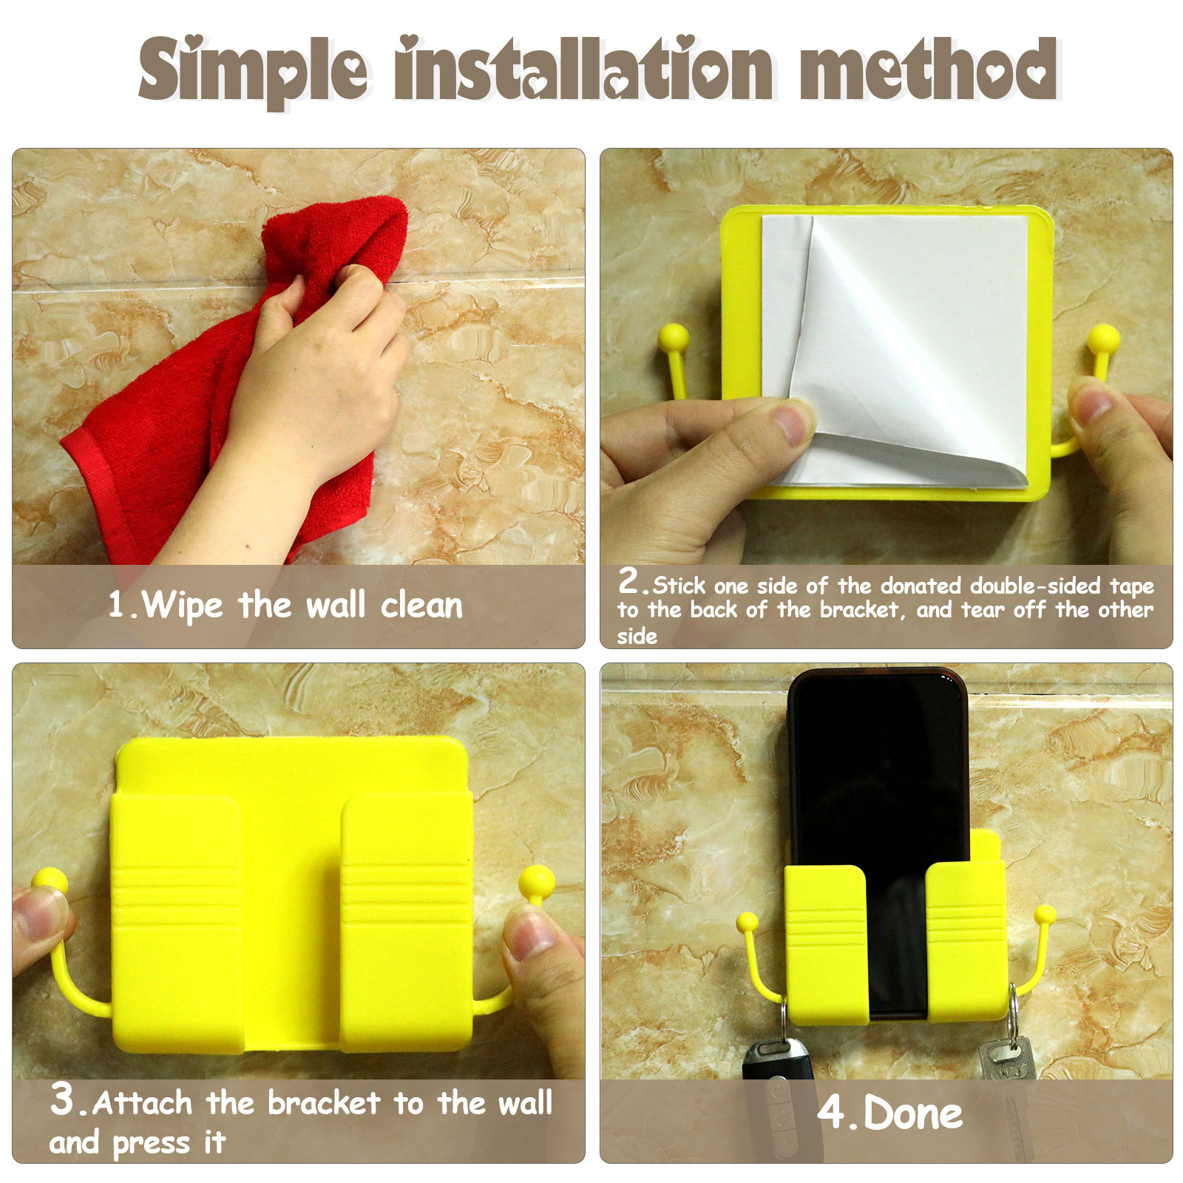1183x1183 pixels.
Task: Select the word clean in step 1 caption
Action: [x=421, y=606]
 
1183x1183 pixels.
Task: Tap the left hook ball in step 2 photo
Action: [x=674, y=338]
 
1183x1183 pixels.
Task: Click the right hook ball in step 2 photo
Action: [x=1103, y=339]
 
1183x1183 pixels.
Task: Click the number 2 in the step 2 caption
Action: [x=630, y=580]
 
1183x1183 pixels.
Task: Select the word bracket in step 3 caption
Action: [x=324, y=1102]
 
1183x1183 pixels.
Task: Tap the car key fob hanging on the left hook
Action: [x=778, y=1094]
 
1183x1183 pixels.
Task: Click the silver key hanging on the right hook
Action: [x=1007, y=1087]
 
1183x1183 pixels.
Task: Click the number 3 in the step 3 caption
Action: [x=62, y=1098]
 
